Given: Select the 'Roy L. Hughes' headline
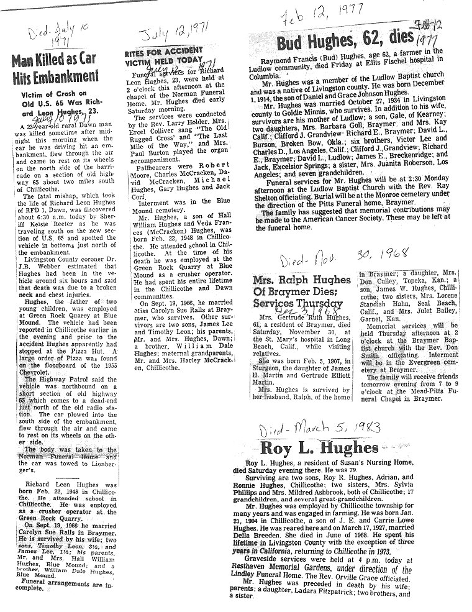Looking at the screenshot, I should click(319, 447).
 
